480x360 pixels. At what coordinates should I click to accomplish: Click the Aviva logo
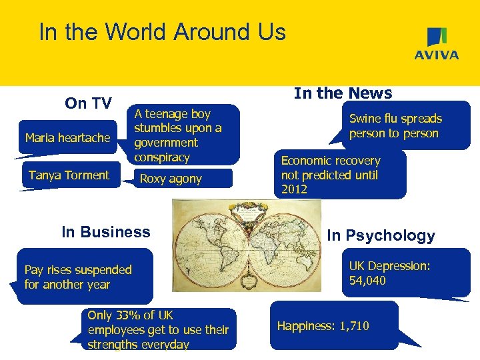(437, 44)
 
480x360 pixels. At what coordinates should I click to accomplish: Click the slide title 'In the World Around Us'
(162, 32)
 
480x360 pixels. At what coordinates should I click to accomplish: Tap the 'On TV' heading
(88, 103)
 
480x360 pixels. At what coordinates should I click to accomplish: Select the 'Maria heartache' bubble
(67, 138)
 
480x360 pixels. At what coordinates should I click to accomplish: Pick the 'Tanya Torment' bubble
(69, 175)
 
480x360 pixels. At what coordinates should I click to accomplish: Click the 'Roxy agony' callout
(171, 179)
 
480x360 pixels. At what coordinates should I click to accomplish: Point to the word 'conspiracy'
(162, 157)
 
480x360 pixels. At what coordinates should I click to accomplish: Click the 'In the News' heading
(343, 93)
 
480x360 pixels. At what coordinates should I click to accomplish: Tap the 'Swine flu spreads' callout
(395, 126)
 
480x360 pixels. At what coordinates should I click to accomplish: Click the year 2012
(294, 189)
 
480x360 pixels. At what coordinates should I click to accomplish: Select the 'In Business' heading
(106, 232)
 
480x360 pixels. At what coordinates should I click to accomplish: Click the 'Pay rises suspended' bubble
(78, 277)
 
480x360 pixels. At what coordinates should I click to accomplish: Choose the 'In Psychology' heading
(381, 235)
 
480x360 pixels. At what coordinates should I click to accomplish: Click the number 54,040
(367, 281)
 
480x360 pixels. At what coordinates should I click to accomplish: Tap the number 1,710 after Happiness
(354, 326)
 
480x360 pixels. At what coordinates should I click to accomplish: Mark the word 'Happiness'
(306, 326)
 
